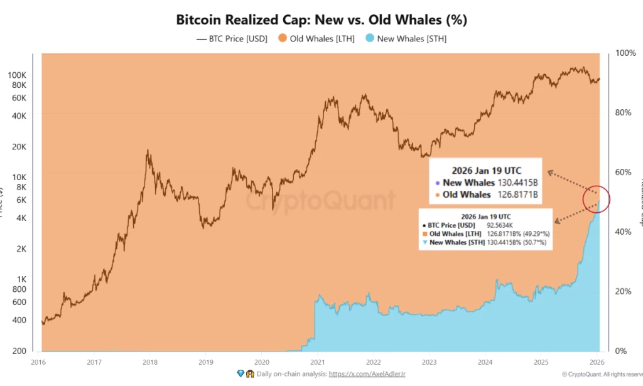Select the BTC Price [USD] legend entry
click(x=232, y=38)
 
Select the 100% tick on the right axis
click(x=626, y=53)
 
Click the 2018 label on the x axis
click(x=150, y=362)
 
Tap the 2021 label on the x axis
click(x=318, y=362)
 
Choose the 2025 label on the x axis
click(x=541, y=362)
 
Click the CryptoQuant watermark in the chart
click(x=320, y=201)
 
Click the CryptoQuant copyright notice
click(x=602, y=374)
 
